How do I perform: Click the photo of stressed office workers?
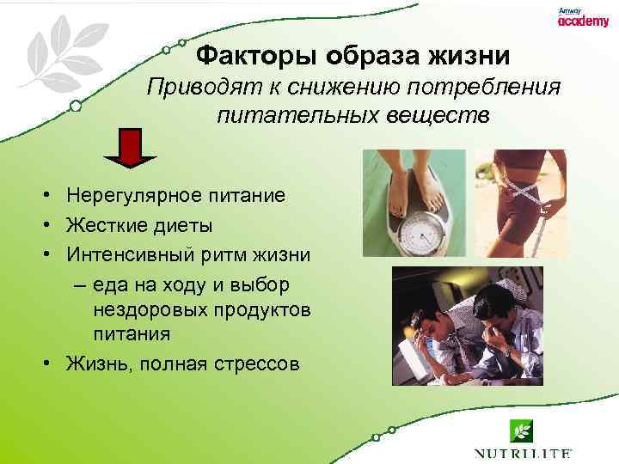(469, 327)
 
